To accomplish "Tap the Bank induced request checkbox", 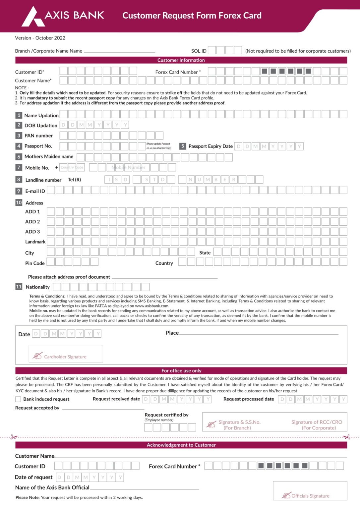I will click(18, 399).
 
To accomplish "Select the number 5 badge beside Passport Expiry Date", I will click(182, 146).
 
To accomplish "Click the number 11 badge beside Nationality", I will click(19, 287).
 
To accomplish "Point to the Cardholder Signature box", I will click(66, 354).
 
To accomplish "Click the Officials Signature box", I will click(310, 491).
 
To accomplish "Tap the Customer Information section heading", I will click(181, 60).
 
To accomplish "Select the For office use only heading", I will click(181, 370).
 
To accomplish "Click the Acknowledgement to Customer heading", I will click(181, 445).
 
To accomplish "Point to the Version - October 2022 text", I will click(40, 38).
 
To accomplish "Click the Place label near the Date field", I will click(172, 333).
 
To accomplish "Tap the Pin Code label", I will click(35, 263).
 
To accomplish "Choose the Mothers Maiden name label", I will click(49, 156).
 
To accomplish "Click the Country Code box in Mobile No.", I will click(72, 167).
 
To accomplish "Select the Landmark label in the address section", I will click(35, 242).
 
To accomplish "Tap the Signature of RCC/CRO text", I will click(317, 422).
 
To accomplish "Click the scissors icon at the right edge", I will click(346, 437).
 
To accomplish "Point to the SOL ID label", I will click(199, 51).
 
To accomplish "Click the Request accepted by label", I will click(37, 408).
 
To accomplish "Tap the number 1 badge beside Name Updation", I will click(19, 115).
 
